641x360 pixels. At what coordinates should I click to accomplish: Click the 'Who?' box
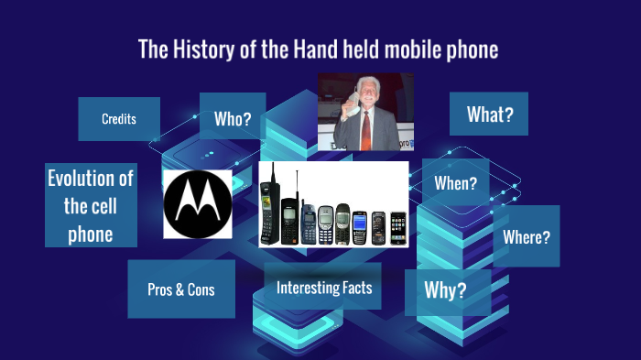click(x=233, y=119)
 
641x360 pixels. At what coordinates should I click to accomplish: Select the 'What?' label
click(x=490, y=115)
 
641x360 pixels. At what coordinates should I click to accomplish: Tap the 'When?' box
click(x=455, y=183)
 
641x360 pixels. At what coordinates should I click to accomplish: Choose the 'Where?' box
click(x=527, y=237)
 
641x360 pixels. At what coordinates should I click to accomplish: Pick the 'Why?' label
click(x=446, y=290)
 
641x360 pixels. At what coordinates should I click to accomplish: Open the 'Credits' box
click(x=119, y=119)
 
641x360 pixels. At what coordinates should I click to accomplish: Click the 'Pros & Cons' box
click(x=180, y=289)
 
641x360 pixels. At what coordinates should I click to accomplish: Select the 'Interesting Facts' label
click(x=324, y=288)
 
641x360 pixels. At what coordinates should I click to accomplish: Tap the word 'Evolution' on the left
click(x=91, y=178)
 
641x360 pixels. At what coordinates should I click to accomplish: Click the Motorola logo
click(x=197, y=203)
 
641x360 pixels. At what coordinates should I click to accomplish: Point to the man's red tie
click(x=366, y=129)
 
